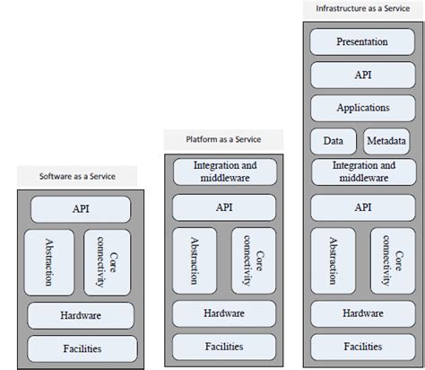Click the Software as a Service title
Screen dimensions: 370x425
tap(76, 175)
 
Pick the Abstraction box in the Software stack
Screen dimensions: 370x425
tap(49, 261)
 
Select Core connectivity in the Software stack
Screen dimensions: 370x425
tap(110, 261)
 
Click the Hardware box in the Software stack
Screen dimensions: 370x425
tap(82, 315)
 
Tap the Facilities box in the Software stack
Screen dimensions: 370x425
tap(82, 347)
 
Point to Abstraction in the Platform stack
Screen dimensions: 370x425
tap(192, 260)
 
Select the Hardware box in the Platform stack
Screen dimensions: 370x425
tap(223, 313)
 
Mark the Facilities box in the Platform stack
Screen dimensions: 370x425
tap(223, 346)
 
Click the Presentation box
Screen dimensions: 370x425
tap(361, 41)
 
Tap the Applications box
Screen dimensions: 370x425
tap(361, 107)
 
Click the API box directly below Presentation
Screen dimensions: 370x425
tap(361, 75)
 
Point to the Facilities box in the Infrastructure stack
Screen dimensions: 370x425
tap(363, 346)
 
